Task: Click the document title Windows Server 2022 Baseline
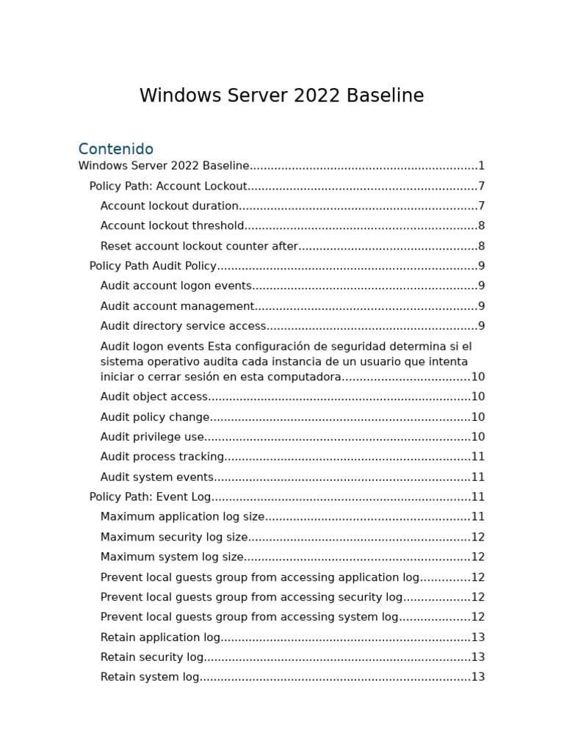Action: point(281,96)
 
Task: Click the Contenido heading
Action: point(116,149)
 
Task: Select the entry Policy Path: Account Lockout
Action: point(168,187)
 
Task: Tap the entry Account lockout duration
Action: point(170,206)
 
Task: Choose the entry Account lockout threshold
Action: point(173,226)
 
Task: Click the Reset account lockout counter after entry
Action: point(199,247)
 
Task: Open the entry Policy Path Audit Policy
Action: point(153,267)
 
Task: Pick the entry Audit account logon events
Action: point(176,286)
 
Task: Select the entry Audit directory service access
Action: point(184,327)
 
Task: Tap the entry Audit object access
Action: point(154,397)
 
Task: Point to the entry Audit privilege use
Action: point(152,438)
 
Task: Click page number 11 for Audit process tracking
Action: point(478,458)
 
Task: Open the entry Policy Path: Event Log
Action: point(150,497)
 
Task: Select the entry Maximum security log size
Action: point(174,538)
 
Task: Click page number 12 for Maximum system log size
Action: point(478,557)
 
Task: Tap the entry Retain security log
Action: point(152,658)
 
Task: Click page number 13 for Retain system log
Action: point(478,678)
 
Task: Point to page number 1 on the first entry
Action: point(482,167)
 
